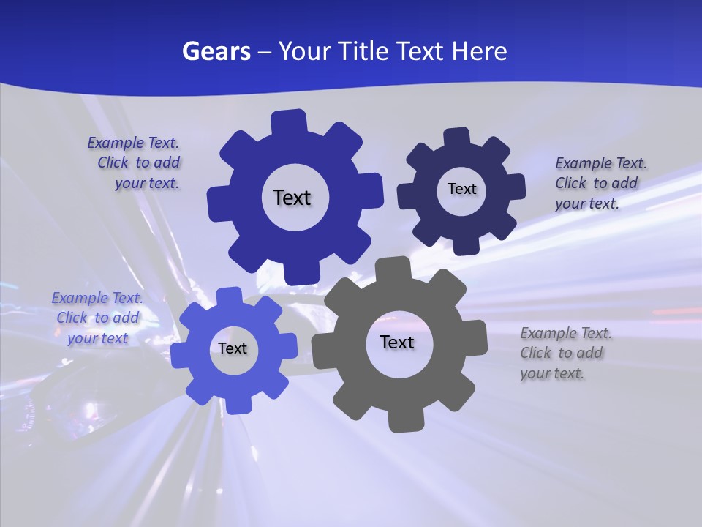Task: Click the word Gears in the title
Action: point(216,51)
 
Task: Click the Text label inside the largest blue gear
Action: point(292,198)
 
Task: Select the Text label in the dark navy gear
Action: point(461,189)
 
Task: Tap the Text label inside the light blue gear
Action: point(233,348)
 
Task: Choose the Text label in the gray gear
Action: point(397,342)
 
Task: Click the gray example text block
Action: point(565,354)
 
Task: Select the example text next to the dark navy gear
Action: point(600,183)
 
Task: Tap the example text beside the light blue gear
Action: point(97,318)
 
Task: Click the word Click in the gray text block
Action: point(536,353)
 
